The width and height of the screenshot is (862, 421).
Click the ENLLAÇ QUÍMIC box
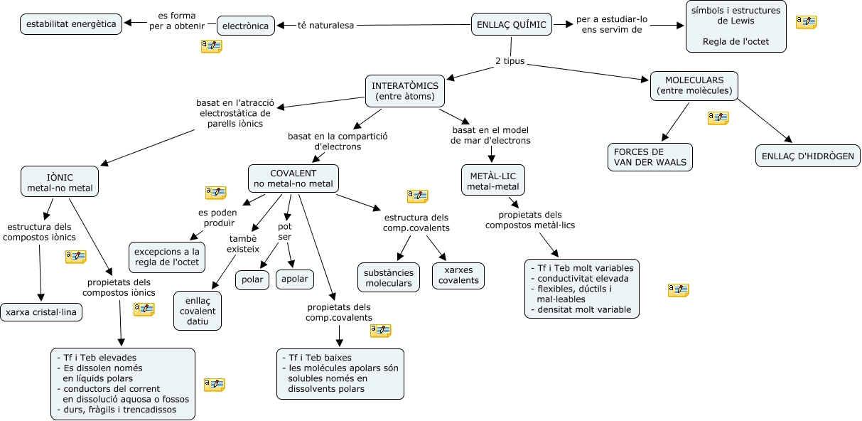511,25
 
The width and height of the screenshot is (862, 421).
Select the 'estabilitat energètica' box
70,23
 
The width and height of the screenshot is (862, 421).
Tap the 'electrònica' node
246,26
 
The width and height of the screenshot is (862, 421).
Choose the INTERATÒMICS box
405,91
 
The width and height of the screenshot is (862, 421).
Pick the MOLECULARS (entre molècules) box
694,86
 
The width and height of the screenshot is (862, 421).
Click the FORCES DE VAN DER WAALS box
650,157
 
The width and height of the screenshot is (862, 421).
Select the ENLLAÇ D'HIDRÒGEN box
807,156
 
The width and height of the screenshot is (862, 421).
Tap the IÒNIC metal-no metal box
60,181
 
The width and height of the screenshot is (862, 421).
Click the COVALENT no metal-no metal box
293,178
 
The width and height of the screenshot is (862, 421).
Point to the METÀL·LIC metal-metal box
492,181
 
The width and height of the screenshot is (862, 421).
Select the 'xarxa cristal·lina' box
41,311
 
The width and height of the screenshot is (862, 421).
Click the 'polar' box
252,279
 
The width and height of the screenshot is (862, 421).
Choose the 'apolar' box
294,279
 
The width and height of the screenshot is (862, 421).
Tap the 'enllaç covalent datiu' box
198,311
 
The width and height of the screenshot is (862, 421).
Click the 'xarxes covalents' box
458,276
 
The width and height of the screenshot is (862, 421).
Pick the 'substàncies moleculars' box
388,277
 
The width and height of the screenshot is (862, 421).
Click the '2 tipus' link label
510,61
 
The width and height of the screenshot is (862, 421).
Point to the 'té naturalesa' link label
325,26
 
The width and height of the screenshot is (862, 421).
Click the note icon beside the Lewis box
806,22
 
